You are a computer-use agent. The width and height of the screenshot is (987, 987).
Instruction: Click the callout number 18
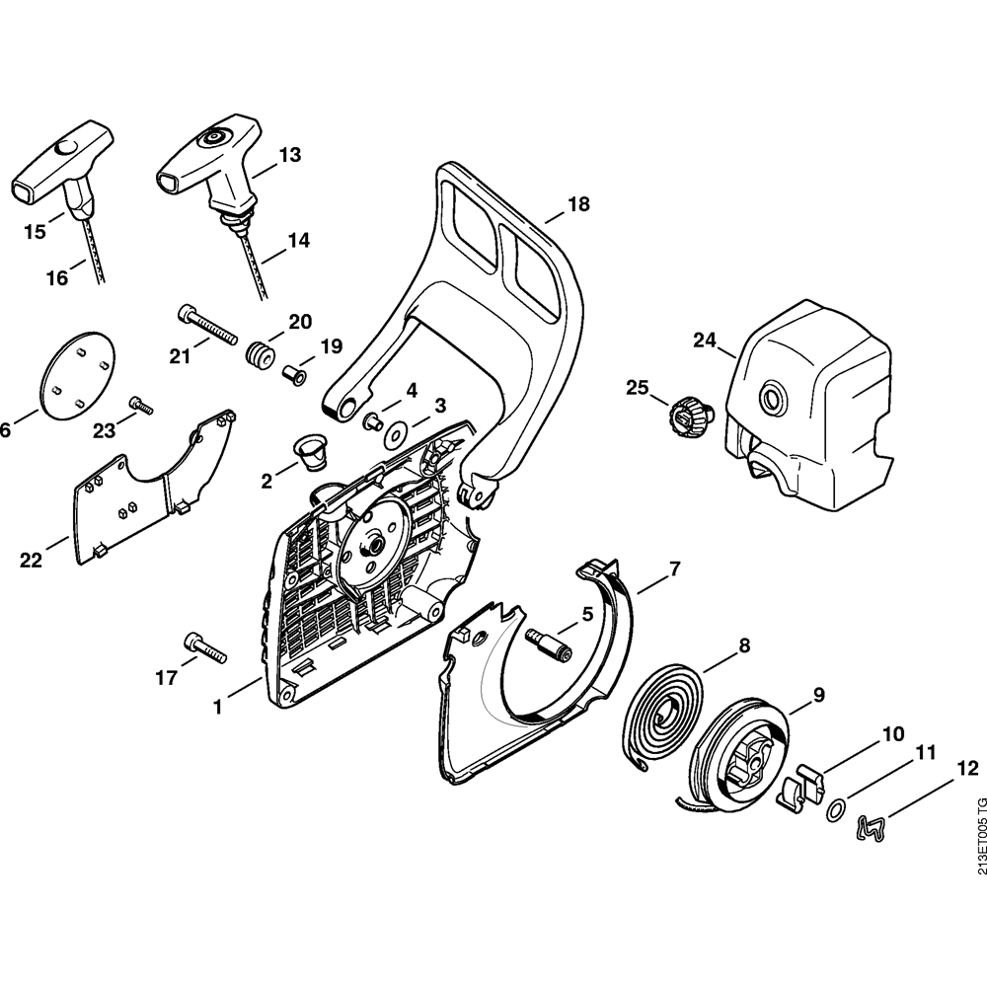pos(578,204)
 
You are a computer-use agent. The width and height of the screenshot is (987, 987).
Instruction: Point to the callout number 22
pos(32,560)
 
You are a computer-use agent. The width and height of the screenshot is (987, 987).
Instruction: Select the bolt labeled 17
pos(205,648)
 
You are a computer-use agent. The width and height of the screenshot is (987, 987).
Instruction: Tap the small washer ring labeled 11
pos(834,810)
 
